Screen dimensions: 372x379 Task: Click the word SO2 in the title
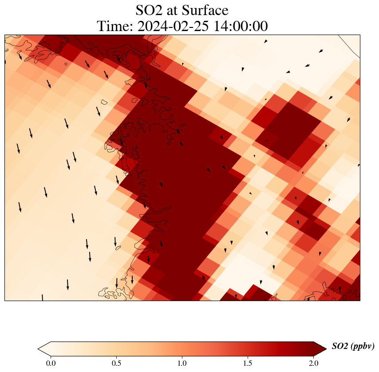(x=149, y=10)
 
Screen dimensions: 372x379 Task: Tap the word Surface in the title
(x=206, y=10)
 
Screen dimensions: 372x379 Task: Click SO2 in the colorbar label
(x=340, y=346)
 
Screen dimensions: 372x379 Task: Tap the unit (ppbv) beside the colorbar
(x=362, y=346)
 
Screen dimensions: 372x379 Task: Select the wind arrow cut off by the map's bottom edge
(x=43, y=298)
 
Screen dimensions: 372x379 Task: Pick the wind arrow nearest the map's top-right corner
(x=320, y=51)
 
